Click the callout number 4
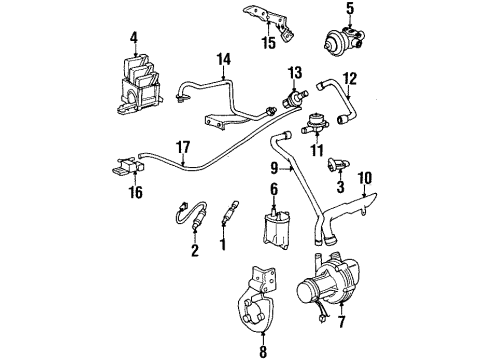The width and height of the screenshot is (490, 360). click(x=133, y=40)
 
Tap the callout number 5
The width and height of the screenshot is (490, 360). click(x=349, y=11)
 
